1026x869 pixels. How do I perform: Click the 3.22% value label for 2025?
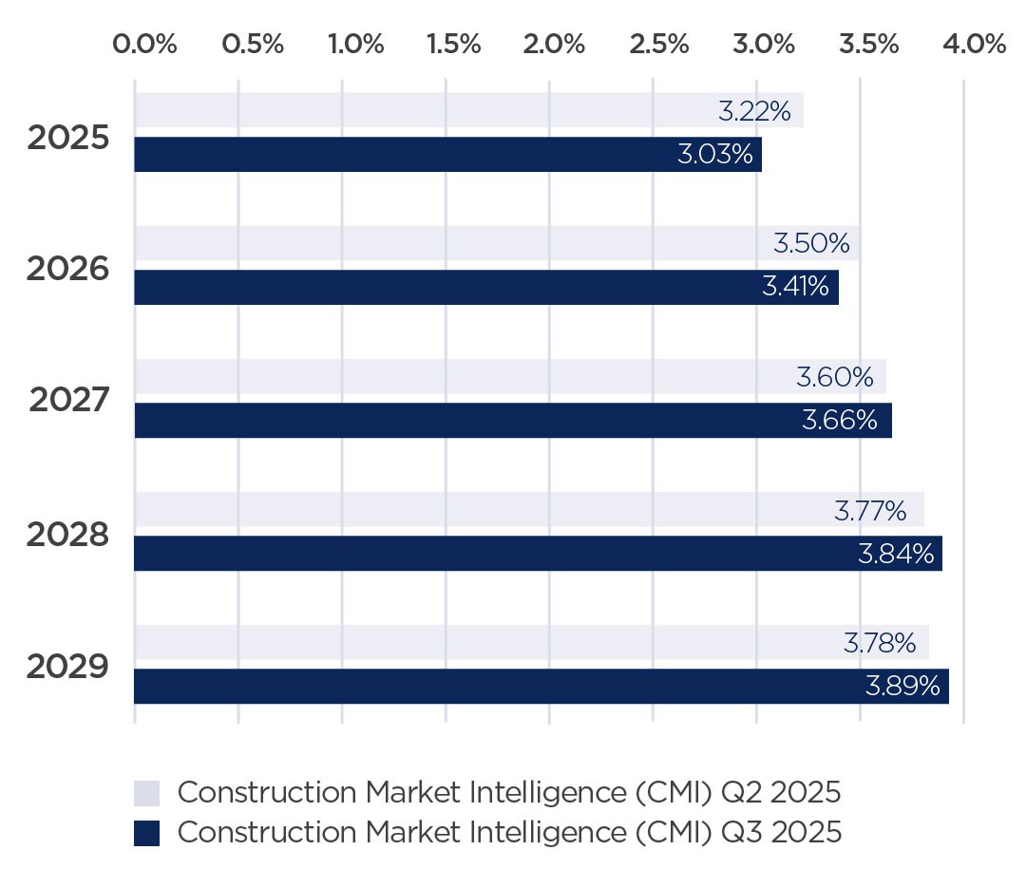point(754,111)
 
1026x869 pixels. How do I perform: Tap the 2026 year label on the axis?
point(67,270)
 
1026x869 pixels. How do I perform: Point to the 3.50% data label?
point(811,244)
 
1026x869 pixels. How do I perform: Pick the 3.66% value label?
point(840,421)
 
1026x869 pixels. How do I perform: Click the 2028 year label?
point(67,536)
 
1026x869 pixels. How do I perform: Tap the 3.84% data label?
point(896,554)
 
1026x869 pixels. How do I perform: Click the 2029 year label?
point(67,668)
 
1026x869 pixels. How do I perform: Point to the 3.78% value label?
point(880,643)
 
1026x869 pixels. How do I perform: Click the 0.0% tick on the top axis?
point(144,45)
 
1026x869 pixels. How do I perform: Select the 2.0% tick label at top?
point(554,45)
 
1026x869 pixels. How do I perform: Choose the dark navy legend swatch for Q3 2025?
point(146,833)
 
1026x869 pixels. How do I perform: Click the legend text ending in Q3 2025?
point(509,833)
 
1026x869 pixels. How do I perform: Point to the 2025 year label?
point(67,138)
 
